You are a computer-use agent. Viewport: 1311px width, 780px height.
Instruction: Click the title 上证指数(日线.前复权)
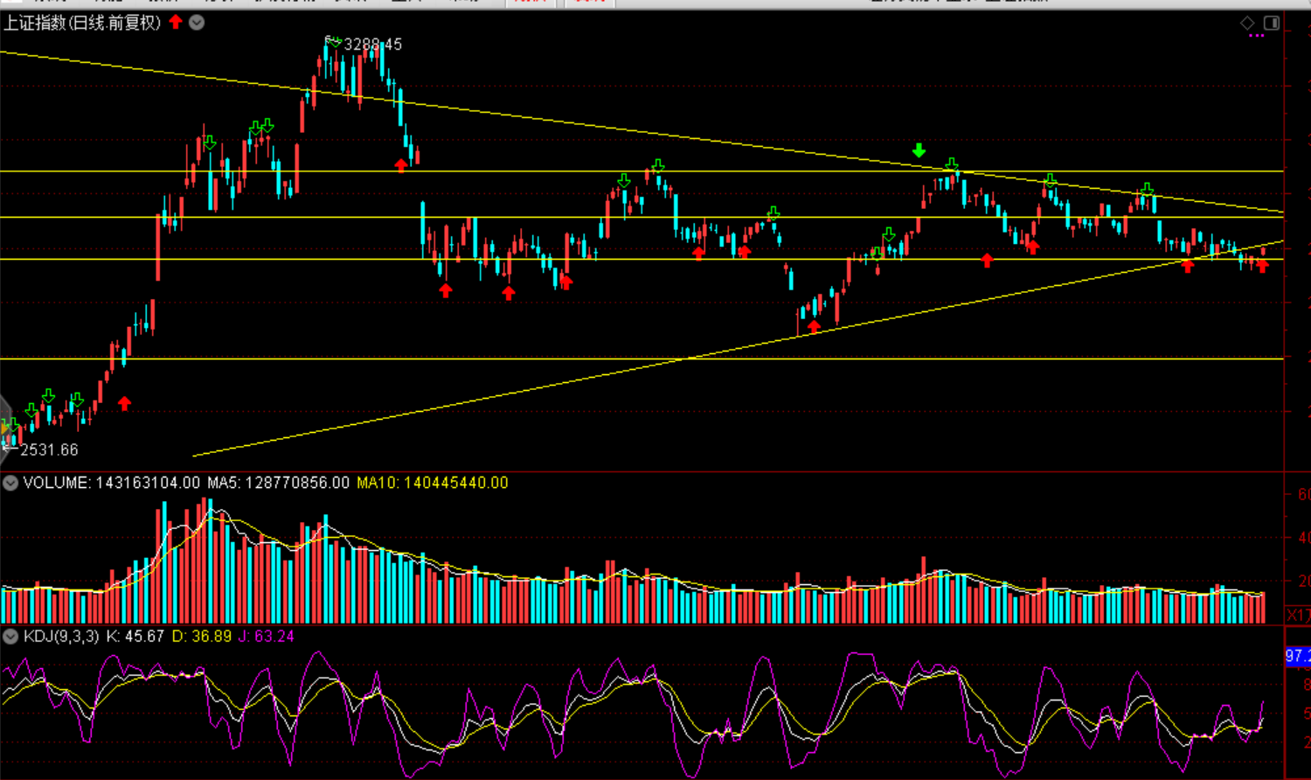pyautogui.click(x=82, y=23)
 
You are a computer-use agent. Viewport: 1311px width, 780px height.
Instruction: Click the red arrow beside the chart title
pyautogui.click(x=176, y=22)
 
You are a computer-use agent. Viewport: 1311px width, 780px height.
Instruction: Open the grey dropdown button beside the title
pyautogui.click(x=198, y=22)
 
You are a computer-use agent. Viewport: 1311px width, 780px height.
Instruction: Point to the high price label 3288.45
pyautogui.click(x=373, y=45)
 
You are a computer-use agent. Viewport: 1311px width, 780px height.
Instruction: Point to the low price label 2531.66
pyautogui.click(x=49, y=449)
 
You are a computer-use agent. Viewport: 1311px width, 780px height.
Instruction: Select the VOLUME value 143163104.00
pyautogui.click(x=148, y=483)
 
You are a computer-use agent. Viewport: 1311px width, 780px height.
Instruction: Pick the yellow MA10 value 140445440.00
pyautogui.click(x=455, y=483)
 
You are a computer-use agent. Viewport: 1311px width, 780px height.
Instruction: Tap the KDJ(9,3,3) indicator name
pyautogui.click(x=61, y=636)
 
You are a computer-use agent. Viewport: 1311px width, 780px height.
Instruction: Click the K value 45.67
pyautogui.click(x=144, y=636)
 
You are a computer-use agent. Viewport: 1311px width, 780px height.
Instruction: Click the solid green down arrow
pyautogui.click(x=919, y=150)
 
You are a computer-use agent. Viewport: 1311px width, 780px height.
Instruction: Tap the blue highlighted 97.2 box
pyautogui.click(x=1298, y=656)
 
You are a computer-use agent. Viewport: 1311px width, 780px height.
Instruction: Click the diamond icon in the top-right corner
pyautogui.click(x=1247, y=23)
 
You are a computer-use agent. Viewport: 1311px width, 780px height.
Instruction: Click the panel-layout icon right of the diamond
pyautogui.click(x=1272, y=23)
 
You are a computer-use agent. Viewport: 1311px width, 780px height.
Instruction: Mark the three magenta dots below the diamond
pyautogui.click(x=1257, y=36)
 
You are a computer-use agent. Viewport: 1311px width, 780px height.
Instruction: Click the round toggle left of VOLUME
pyautogui.click(x=10, y=483)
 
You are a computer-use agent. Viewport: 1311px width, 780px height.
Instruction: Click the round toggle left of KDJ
pyautogui.click(x=10, y=636)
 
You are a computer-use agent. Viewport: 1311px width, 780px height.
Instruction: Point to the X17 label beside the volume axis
pyautogui.click(x=1299, y=615)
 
